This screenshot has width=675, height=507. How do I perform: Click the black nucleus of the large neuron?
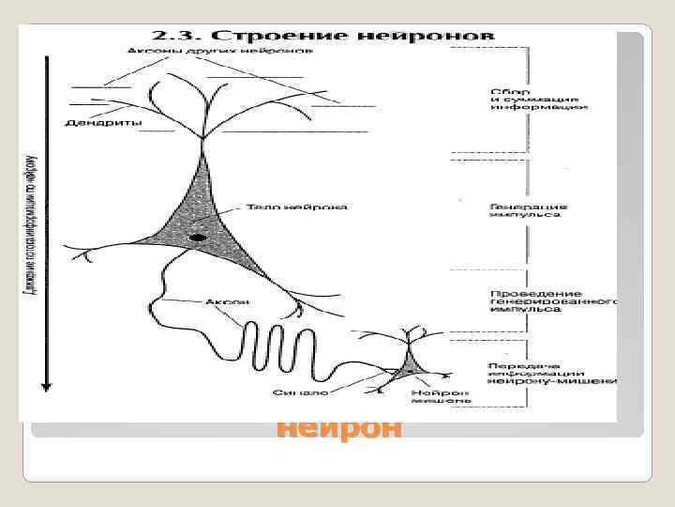[x=198, y=238]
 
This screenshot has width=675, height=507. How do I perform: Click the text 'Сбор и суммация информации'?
[x=538, y=100]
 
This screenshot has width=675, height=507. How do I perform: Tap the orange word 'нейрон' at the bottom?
[x=339, y=428]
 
